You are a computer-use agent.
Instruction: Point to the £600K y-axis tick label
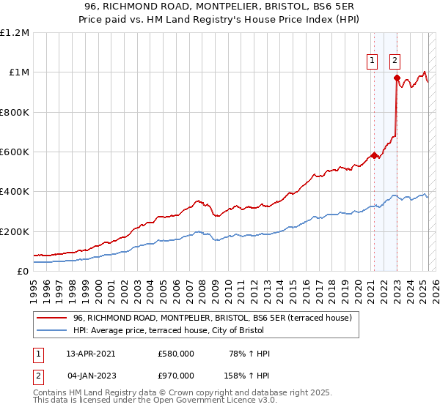pos(15,152)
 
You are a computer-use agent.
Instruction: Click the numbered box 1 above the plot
pos(373,61)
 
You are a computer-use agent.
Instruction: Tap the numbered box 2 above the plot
pos(395,61)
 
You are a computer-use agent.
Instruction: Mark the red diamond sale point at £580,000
pos(374,155)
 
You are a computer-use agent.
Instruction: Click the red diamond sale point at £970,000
pos(397,78)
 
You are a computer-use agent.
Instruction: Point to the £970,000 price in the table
pos(176,375)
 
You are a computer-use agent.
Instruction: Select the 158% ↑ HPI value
pos(247,375)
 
